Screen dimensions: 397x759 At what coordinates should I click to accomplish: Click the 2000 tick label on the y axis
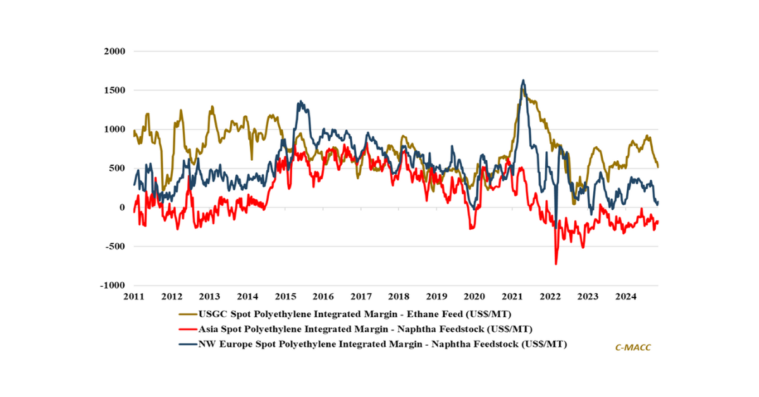pyautogui.click(x=114, y=51)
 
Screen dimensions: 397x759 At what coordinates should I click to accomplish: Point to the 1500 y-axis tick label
pyautogui.click(x=114, y=91)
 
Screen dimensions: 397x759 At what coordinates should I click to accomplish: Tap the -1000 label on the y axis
pyautogui.click(x=113, y=286)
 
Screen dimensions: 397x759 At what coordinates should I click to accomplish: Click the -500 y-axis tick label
pyautogui.click(x=115, y=246)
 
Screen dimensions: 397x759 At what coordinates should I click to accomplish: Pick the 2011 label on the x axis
pyautogui.click(x=134, y=296)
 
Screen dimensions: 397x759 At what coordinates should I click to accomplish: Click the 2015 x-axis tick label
pyautogui.click(x=285, y=296)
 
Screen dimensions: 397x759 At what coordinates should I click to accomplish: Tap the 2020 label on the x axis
pyautogui.click(x=474, y=296)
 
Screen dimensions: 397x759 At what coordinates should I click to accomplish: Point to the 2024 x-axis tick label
pyautogui.click(x=626, y=296)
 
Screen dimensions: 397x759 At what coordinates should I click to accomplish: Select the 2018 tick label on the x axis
pyautogui.click(x=398, y=296)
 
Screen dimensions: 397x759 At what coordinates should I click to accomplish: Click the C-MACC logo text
pyautogui.click(x=632, y=348)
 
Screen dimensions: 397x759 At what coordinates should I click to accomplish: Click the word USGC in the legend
pyautogui.click(x=213, y=313)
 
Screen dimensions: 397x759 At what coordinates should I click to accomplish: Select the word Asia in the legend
pyautogui.click(x=209, y=329)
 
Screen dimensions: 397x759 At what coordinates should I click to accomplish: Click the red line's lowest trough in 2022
pyautogui.click(x=556, y=264)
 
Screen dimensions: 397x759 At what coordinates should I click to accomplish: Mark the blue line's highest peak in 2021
pyautogui.click(x=523, y=80)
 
